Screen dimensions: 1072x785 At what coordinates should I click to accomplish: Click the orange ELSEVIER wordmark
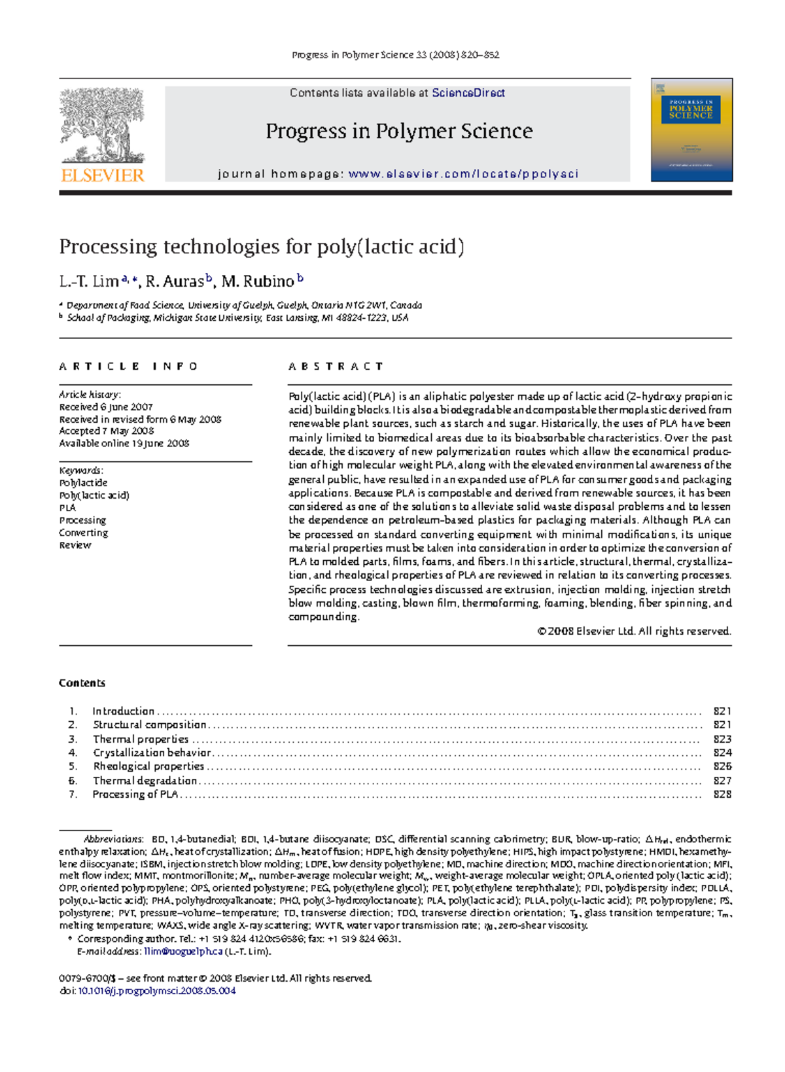coord(102,175)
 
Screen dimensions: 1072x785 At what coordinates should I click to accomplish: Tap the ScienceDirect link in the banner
coord(468,93)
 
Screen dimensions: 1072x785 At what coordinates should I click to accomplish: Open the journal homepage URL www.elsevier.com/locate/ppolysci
coord(463,174)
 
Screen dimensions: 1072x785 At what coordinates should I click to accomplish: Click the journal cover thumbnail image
coord(691,130)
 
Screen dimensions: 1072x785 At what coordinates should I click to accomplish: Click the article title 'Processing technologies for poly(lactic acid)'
coord(262,247)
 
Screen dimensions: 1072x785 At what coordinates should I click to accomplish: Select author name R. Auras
coord(175,282)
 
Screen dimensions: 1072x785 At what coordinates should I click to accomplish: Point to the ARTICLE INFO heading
coord(128,366)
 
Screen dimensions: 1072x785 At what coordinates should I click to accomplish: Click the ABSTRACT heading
coord(336,366)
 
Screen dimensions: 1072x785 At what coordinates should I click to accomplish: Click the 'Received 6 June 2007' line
coord(106,407)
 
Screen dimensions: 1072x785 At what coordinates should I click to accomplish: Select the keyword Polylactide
coord(83,483)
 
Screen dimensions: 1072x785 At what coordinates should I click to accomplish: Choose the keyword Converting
coord(83,533)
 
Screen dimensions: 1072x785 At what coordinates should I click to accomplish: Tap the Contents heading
coord(82,683)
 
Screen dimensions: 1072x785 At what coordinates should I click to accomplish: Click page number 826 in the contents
coord(722,766)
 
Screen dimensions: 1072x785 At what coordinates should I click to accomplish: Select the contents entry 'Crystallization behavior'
coord(152,753)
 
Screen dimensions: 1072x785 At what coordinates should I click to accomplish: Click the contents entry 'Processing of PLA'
coord(135,795)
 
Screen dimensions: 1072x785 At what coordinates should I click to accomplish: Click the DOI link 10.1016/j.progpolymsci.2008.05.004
coord(157,991)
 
